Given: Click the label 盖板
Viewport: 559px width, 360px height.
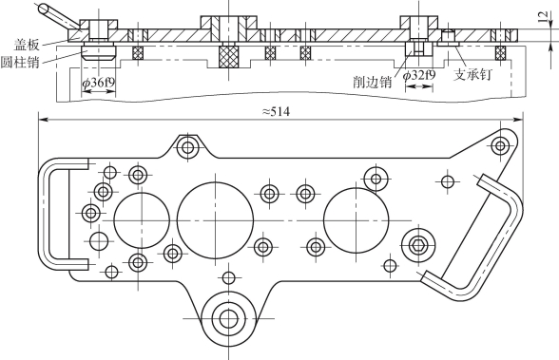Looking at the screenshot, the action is pyautogui.click(x=26, y=45).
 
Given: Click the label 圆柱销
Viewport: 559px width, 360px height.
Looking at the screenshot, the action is pyautogui.click(x=19, y=62).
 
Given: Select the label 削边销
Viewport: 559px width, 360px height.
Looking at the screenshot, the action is pyautogui.click(x=373, y=82).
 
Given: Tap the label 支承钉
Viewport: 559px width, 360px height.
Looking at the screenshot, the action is pyautogui.click(x=472, y=75).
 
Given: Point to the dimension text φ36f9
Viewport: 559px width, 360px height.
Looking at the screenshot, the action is pyautogui.click(x=99, y=83).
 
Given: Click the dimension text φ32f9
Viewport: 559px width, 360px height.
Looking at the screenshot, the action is pyautogui.click(x=419, y=75).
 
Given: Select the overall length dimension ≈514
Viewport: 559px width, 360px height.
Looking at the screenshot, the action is pyautogui.click(x=276, y=112).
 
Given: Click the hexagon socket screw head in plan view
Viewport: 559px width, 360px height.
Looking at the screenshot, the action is pyautogui.click(x=418, y=245).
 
